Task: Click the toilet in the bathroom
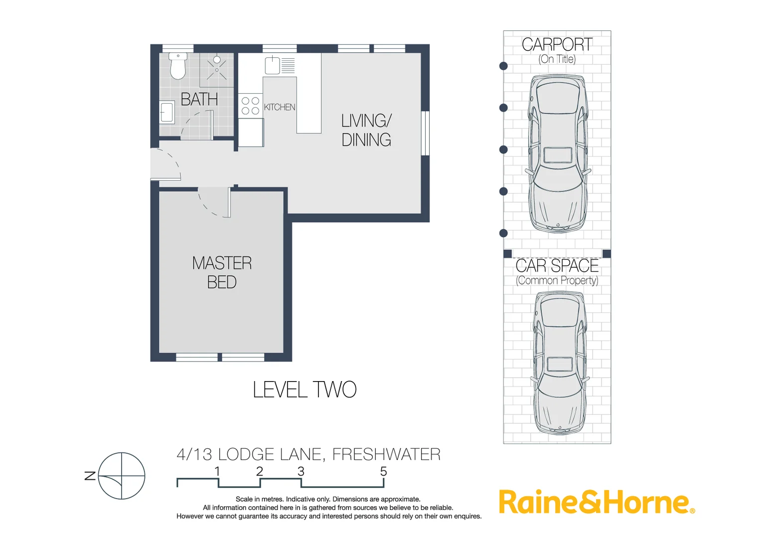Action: (178, 66)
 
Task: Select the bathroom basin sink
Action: (167, 113)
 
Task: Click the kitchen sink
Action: (273, 65)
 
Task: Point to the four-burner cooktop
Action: (250, 106)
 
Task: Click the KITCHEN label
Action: (279, 107)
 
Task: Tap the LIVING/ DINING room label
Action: (366, 130)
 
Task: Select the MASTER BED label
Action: (222, 272)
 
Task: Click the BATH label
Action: (199, 100)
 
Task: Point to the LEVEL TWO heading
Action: (304, 390)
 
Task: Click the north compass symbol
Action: (121, 476)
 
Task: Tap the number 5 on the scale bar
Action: (383, 471)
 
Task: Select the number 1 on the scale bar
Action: (217, 471)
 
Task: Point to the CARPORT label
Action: (557, 45)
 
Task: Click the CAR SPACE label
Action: (557, 266)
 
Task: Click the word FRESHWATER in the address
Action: (386, 454)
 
